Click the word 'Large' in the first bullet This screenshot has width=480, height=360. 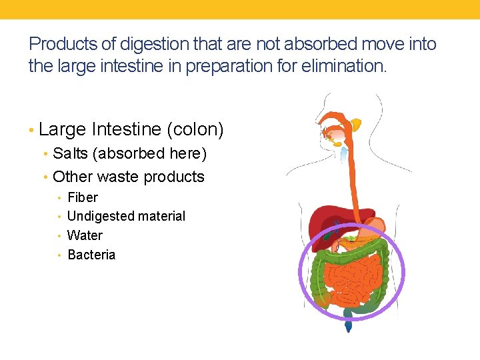[63, 129]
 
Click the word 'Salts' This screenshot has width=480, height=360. [71, 153]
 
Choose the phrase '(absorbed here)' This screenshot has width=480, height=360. [150, 153]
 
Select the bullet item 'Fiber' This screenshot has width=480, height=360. [83, 197]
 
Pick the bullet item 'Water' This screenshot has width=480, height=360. [85, 235]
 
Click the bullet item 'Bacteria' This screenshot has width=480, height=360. [91, 255]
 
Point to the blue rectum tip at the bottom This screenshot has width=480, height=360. [348, 326]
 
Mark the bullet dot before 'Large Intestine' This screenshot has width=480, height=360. [31, 130]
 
